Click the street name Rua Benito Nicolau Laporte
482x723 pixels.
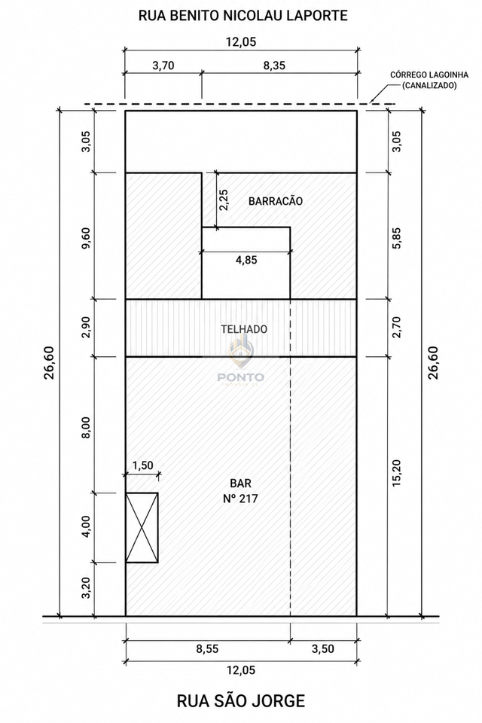tap(243, 16)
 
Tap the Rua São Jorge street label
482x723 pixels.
tap(241, 701)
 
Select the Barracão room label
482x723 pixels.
tap(276, 201)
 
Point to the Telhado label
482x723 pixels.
tap(244, 329)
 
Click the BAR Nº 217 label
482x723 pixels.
tap(241, 490)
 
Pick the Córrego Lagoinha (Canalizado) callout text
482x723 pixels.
tap(429, 80)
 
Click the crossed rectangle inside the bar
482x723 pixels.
tap(142, 527)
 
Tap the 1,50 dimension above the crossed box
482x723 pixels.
tap(142, 465)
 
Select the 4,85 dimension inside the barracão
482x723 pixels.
tap(246, 260)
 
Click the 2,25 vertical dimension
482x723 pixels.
tap(223, 200)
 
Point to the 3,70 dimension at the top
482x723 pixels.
tap(163, 66)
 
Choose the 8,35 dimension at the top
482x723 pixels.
tap(274, 66)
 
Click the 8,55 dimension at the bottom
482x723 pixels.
tap(208, 648)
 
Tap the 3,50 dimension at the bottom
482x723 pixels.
tap(323, 648)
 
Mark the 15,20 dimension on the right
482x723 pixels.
tap(397, 473)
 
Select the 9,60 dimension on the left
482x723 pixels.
tap(87, 238)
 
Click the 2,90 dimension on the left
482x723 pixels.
tap(87, 327)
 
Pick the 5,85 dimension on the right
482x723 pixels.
tap(397, 238)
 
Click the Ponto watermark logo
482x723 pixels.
tap(241, 361)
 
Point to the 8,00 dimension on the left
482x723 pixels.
tap(87, 427)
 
